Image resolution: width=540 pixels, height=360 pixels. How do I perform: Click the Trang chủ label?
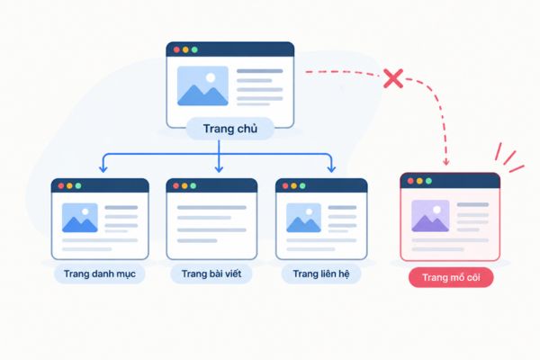(230, 129)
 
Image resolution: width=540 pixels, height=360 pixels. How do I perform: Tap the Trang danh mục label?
(100, 274)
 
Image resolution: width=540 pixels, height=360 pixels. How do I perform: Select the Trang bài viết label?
(211, 274)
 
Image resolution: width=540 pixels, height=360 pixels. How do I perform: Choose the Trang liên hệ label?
(321, 274)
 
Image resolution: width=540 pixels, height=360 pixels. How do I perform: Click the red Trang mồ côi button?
(451, 277)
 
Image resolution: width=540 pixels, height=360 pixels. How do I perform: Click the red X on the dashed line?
(393, 78)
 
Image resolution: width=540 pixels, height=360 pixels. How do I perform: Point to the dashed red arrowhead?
(446, 162)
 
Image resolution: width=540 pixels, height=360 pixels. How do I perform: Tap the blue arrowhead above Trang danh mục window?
(103, 168)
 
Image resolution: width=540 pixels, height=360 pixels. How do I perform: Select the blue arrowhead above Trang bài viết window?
(219, 168)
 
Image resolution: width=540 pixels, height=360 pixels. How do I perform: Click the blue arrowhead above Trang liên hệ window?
(331, 168)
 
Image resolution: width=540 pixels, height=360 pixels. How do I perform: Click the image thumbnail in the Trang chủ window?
(202, 85)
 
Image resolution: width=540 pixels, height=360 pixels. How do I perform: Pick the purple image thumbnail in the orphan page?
(430, 216)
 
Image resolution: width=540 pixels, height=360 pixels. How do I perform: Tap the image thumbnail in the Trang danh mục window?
(80, 218)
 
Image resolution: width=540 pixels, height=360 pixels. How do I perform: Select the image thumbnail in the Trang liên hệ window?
(304, 218)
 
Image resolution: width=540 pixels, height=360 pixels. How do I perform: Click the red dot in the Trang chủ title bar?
(176, 49)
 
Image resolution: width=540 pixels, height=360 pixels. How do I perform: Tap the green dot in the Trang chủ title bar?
(194, 49)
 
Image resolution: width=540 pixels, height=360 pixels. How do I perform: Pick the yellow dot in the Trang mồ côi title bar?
(419, 181)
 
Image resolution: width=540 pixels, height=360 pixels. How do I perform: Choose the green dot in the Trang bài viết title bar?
(193, 185)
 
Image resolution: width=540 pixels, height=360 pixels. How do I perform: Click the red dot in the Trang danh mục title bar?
(61, 185)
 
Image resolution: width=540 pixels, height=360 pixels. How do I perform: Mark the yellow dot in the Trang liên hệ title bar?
(293, 185)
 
